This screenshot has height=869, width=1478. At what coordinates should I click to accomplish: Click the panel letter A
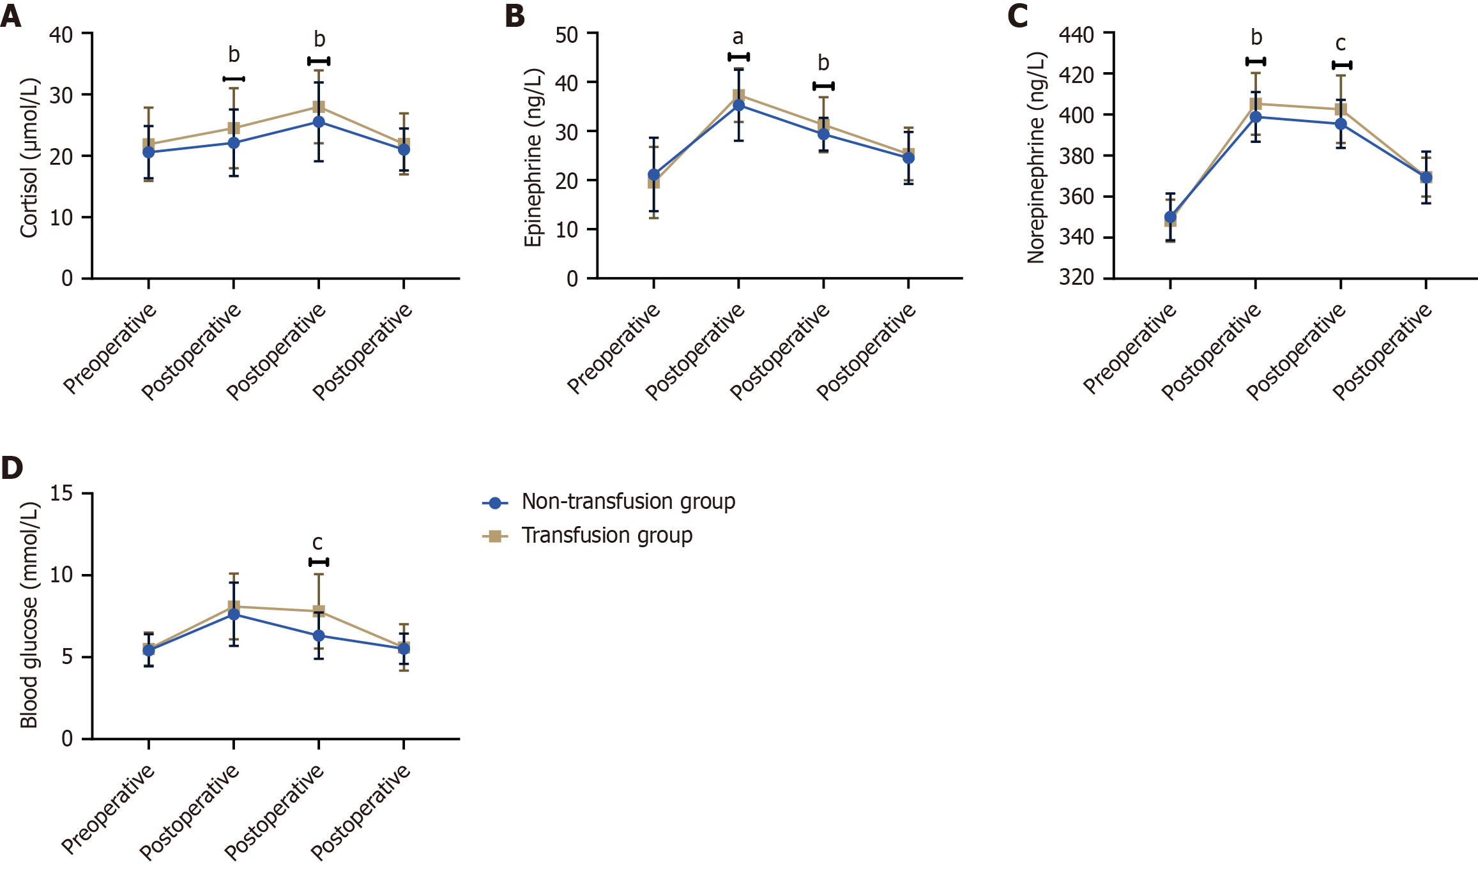pos(11,16)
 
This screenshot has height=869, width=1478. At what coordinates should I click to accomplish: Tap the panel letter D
pos(12,468)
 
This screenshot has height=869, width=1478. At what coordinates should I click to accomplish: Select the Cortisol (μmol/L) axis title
pos(29,158)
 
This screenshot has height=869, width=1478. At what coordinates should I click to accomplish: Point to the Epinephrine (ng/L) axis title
pos(533,158)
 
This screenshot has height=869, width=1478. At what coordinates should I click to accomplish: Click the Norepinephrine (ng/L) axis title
pos(1036,158)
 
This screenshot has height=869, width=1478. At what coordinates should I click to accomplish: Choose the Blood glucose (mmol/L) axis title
pos(29,615)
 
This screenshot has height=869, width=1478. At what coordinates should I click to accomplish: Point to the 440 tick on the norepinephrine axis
pos(1076,34)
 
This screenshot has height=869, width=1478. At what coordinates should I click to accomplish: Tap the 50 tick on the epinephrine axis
pos(567,34)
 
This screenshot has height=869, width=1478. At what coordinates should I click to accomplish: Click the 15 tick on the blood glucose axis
pos(61,494)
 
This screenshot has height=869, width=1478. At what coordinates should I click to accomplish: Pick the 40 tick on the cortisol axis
pos(61,34)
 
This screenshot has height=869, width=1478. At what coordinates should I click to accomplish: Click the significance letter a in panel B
pos(738,38)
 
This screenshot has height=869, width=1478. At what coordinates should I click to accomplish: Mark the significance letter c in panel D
pos(317,543)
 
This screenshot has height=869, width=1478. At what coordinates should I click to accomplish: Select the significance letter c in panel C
pos(1341,44)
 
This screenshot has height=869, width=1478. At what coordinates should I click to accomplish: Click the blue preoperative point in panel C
pos(1170,217)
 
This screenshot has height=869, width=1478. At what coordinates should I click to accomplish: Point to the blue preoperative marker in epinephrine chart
pos(653,174)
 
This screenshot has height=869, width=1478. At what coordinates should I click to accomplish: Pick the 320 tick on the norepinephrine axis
pos(1076,278)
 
